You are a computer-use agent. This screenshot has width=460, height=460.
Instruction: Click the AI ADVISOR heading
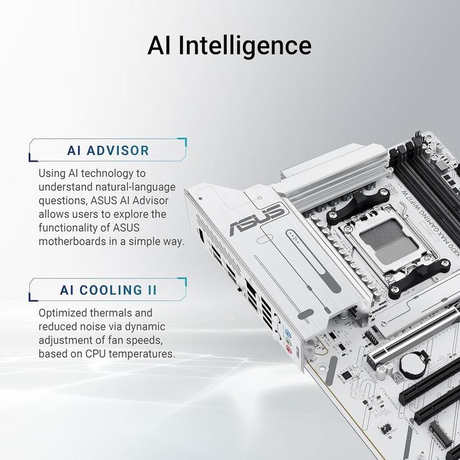108,151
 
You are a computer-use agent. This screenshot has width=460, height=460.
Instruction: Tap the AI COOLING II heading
108,290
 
